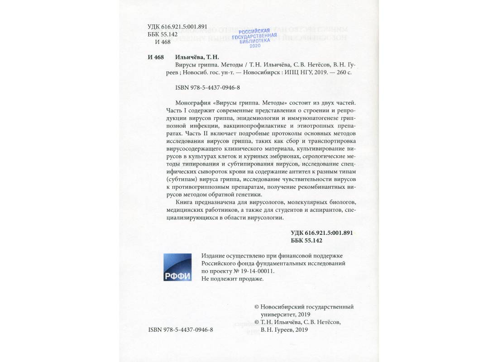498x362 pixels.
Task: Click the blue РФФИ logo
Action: click(177, 267)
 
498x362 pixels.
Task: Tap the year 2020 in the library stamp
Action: click(255, 46)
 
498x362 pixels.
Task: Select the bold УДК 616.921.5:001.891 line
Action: click(321, 233)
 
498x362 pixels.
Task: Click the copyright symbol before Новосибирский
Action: click(258, 307)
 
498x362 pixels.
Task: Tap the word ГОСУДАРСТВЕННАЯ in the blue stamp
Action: click(254, 36)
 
